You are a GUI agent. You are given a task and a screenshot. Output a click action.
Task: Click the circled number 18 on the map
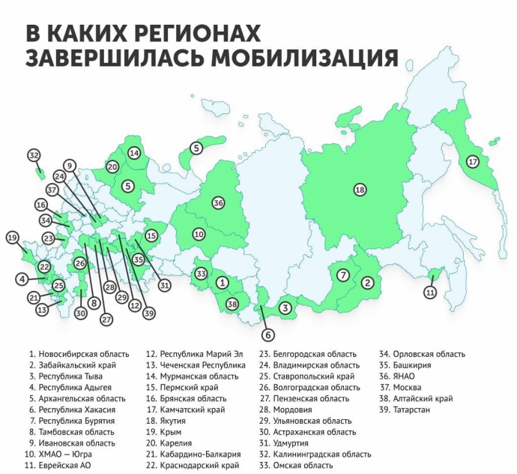tap(360, 190)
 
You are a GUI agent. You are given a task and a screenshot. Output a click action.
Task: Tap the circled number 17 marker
tap(472, 161)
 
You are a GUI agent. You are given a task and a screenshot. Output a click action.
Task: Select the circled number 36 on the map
tap(218, 202)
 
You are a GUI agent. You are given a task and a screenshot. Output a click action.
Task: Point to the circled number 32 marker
tap(34, 155)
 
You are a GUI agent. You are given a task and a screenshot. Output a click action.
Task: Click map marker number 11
tap(429, 292)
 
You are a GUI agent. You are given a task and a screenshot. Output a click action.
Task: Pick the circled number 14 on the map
tap(134, 153)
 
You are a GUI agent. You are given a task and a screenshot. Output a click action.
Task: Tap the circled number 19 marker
tap(11, 238)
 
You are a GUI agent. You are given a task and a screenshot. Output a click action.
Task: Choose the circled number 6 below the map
tap(267, 334)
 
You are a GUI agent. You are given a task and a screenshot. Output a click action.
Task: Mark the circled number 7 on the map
tap(342, 275)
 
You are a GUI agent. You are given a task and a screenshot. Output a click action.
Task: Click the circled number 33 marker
tap(201, 274)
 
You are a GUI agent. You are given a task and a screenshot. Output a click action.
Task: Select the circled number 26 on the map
tap(79, 264)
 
